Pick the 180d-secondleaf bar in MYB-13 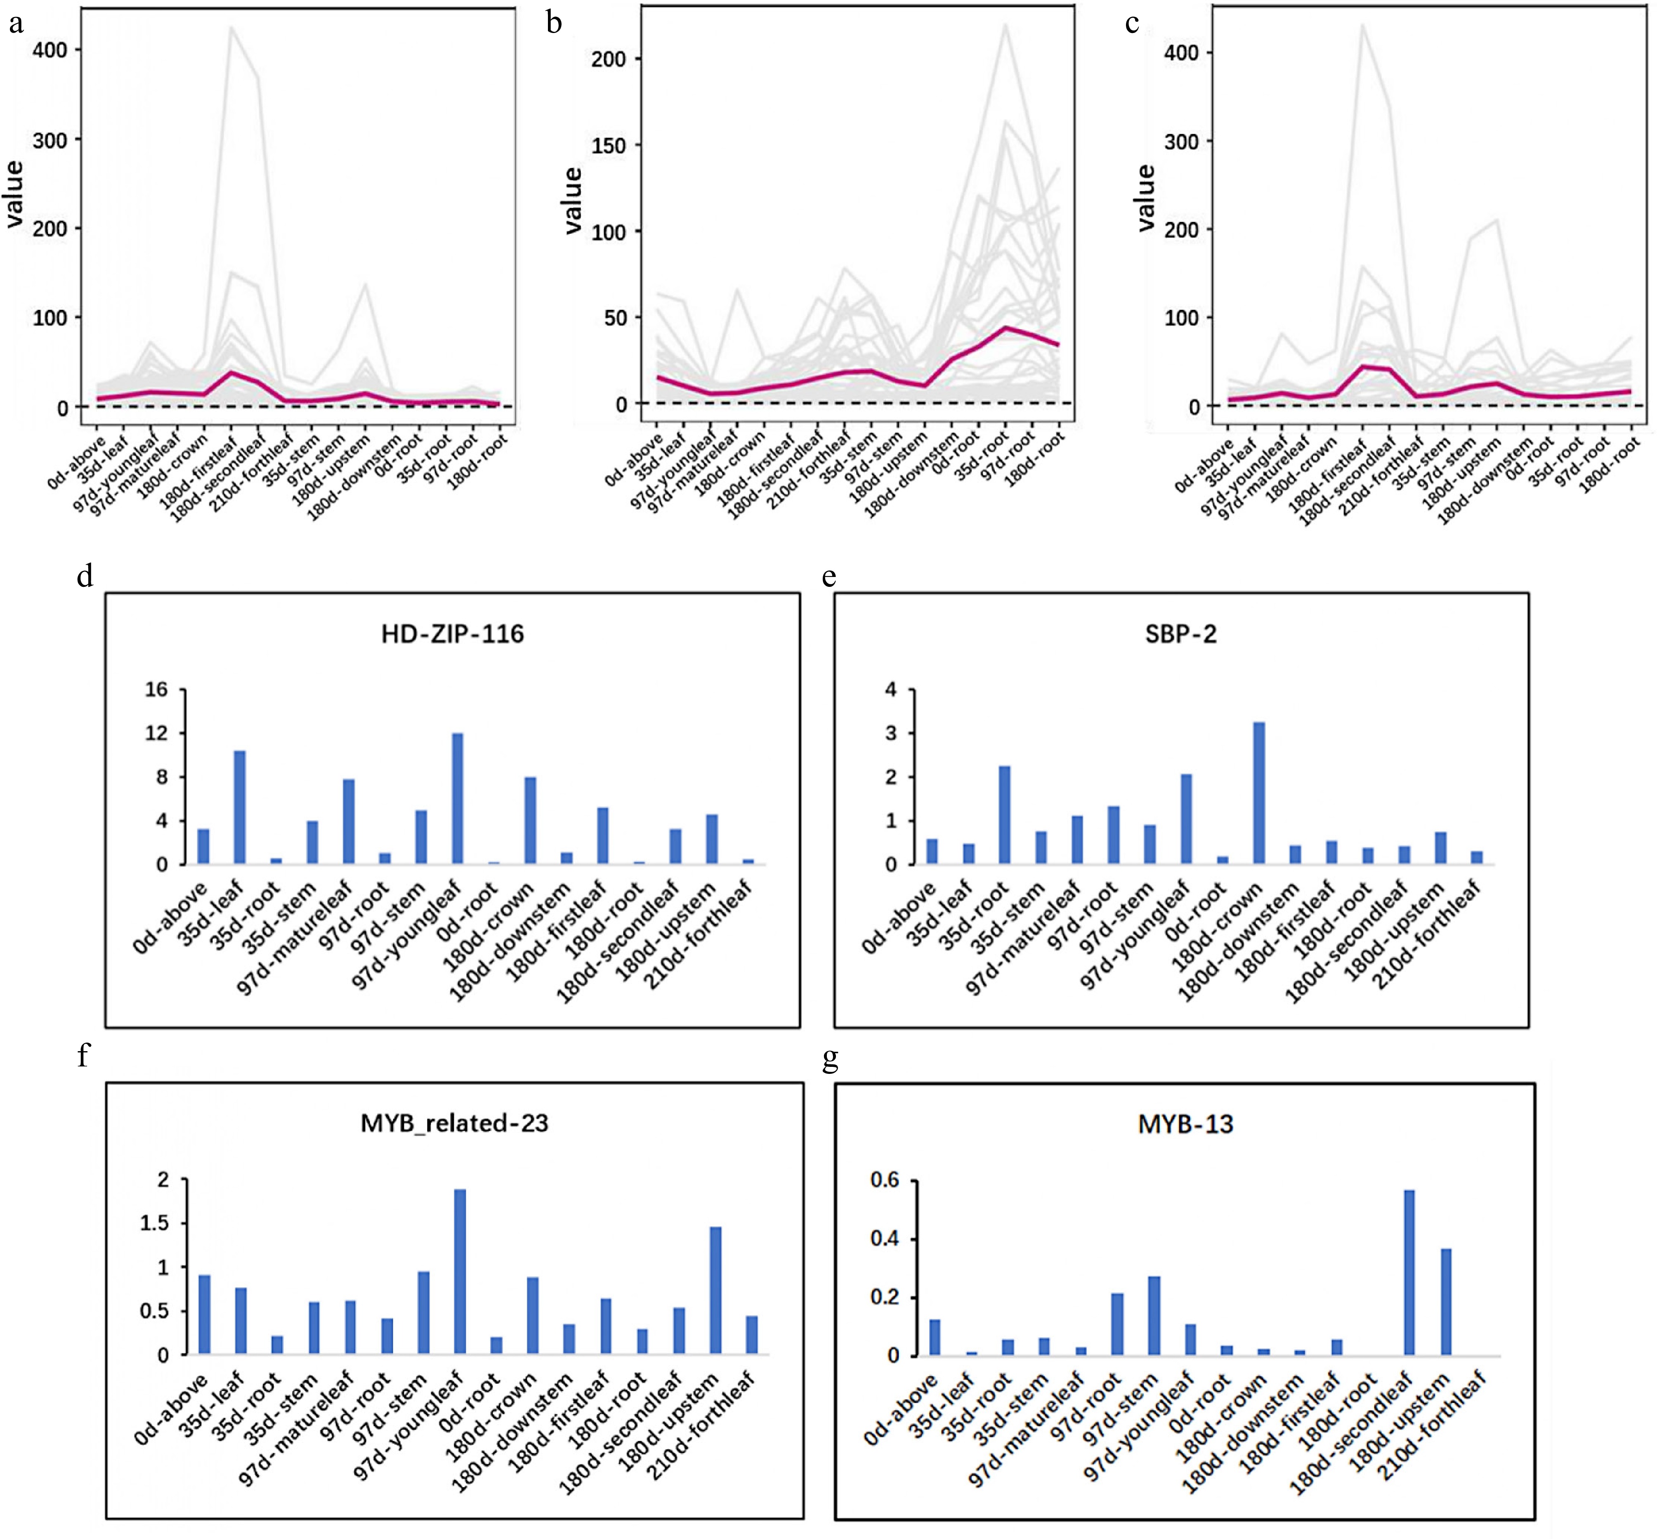point(1409,1272)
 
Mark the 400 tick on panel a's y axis point(50,50)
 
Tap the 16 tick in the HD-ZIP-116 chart point(156,690)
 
